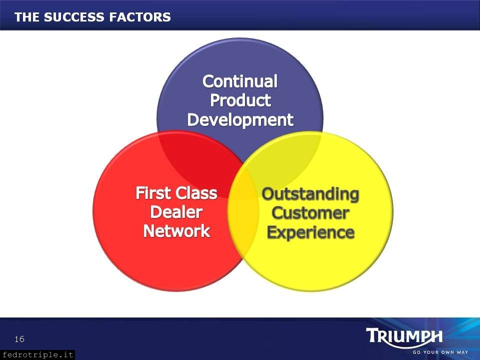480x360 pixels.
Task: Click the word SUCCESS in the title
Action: point(74,17)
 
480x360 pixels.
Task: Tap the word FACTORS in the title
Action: point(140,17)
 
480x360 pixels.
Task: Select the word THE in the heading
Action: point(27,17)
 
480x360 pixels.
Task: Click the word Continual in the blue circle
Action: point(240,81)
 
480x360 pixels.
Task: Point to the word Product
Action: point(240,100)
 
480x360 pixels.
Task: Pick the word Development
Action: point(240,119)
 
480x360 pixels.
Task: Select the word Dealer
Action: point(176,212)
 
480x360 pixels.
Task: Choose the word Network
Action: point(176,231)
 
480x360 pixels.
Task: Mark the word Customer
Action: point(310,213)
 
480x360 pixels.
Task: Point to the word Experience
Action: point(310,232)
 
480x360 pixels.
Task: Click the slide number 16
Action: point(19,339)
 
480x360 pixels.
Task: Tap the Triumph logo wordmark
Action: point(404,336)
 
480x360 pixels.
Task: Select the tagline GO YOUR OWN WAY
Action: point(440,352)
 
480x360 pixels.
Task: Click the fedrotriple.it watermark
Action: point(37,355)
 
